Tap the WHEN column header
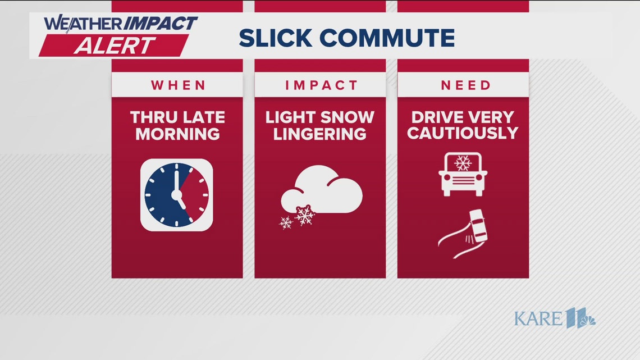pos(178,85)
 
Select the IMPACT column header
pos(321,85)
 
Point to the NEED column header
pos(465,85)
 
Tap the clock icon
pos(176,195)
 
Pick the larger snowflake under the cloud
pos(305,215)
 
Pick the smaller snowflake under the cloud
pos(286,222)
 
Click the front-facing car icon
pos(463,174)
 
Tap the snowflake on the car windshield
pos(463,163)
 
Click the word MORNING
pos(177,134)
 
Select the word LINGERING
pos(319,134)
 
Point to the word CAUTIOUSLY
pos(463,134)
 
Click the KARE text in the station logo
pos(538,319)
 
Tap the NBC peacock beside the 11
pos(587,321)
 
